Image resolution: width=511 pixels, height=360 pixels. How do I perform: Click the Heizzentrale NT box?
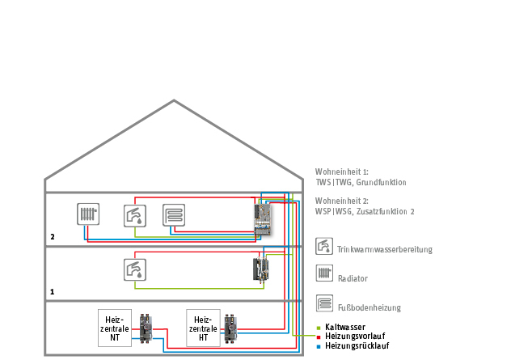tap(114, 326)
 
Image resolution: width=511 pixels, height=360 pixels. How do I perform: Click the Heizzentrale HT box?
tap(203, 326)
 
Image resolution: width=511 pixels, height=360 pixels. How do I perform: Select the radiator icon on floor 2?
tap(88, 214)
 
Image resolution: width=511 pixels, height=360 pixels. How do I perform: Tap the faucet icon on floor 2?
tap(134, 215)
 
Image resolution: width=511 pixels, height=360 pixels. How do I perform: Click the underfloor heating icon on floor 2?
tap(174, 215)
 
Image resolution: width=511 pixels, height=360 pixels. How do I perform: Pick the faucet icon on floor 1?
tap(134, 269)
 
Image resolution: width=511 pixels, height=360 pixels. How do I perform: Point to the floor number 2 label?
tap(53, 238)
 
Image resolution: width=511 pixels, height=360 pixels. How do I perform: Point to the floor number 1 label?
tap(53, 290)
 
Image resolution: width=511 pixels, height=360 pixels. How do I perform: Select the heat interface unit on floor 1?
tap(261, 269)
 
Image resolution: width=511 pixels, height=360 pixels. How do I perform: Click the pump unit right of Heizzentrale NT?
tap(147, 326)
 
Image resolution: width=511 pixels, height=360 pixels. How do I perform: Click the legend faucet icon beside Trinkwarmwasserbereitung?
tap(323, 247)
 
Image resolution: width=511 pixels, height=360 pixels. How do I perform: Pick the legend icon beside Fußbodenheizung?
tap(323, 303)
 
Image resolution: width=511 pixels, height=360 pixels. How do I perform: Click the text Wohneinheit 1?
tap(341, 172)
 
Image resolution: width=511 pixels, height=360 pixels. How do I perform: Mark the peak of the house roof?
tap(174, 101)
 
